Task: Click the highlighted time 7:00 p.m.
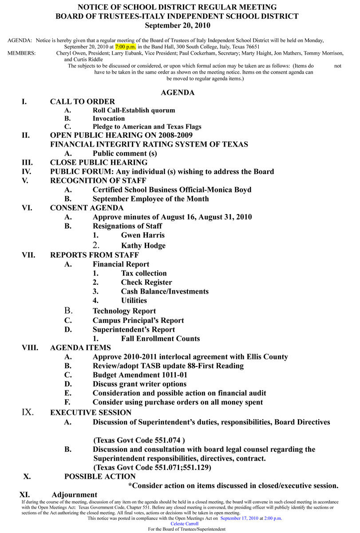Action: [x=126, y=46]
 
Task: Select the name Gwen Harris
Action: [x=142, y=235]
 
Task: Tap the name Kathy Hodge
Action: [x=143, y=246]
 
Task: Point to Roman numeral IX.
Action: [x=28, y=412]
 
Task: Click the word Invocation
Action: [x=109, y=119]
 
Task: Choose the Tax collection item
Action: [x=144, y=273]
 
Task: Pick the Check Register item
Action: [x=146, y=282]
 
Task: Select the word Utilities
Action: [x=134, y=301]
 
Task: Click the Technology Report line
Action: [x=124, y=311]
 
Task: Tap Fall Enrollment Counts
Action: [x=160, y=338]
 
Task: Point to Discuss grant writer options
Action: [x=139, y=384]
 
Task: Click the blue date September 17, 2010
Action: [x=239, y=518]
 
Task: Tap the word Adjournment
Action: [x=74, y=495]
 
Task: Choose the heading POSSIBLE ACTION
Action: [x=100, y=477]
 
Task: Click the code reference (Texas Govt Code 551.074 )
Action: [x=139, y=440]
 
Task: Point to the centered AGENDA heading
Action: [x=178, y=93]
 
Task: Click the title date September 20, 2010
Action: [x=177, y=25]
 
